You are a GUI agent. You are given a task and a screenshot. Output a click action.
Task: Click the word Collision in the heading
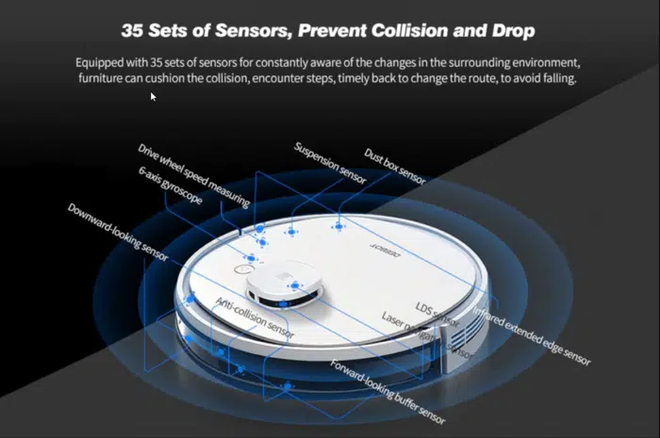click(401, 31)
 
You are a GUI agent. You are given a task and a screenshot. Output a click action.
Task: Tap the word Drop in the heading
click(510, 31)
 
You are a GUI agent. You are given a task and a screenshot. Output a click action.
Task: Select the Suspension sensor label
click(328, 160)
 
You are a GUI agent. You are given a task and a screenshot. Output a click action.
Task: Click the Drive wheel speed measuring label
click(193, 175)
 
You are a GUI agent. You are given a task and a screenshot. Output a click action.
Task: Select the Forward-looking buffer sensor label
click(387, 389)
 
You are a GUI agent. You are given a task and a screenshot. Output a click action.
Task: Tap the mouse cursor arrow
click(153, 95)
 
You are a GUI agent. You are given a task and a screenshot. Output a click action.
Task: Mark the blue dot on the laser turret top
click(295, 284)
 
